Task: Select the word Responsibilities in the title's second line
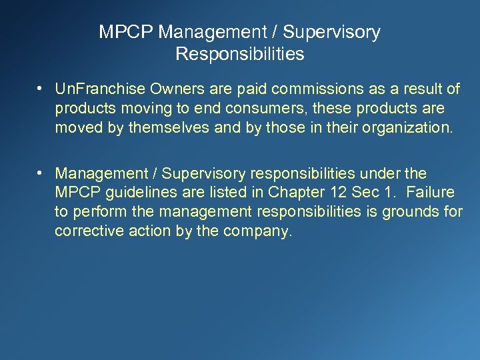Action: click(240, 54)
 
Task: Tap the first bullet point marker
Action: click(41, 89)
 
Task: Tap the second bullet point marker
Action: click(41, 173)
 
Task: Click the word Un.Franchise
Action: click(93, 89)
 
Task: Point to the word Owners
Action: click(157, 89)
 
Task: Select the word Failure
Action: click(430, 193)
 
